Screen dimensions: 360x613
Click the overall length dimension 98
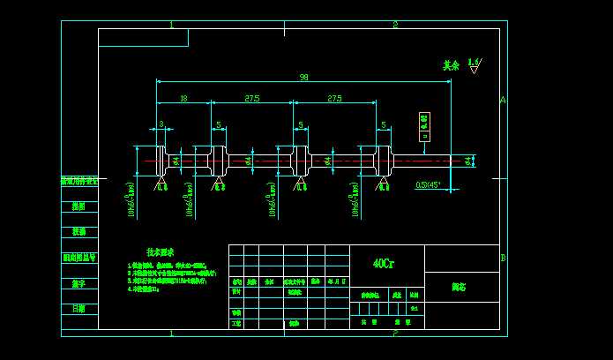click(303, 78)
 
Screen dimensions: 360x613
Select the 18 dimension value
click(183, 99)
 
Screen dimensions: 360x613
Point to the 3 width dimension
click(161, 124)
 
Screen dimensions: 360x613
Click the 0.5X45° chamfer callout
click(429, 185)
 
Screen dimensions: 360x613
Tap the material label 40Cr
click(384, 263)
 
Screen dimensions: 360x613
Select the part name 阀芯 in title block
click(459, 287)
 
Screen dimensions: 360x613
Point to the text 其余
click(451, 65)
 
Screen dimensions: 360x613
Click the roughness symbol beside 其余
click(475, 65)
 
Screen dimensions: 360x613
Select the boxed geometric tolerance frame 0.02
click(424, 126)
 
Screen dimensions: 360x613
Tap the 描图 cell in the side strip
click(79, 206)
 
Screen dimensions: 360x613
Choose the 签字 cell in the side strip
click(79, 283)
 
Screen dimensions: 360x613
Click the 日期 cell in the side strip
click(79, 309)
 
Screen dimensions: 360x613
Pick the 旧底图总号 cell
click(79, 258)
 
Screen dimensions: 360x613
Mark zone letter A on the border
click(503, 100)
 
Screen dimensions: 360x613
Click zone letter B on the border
click(503, 258)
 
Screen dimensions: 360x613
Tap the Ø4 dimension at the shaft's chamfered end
click(467, 160)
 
